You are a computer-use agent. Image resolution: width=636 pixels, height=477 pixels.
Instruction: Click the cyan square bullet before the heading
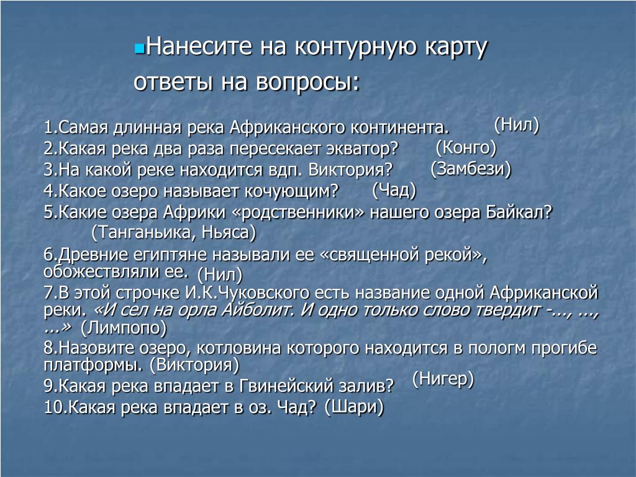[x=139, y=49]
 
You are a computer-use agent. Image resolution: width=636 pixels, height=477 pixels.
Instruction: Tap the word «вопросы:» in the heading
[x=308, y=83]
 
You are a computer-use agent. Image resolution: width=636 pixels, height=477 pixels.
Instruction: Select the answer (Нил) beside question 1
[x=517, y=124]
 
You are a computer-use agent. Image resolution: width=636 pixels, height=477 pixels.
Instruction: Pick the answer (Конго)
[x=466, y=147]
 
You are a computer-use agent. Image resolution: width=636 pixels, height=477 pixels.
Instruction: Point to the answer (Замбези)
[x=471, y=168]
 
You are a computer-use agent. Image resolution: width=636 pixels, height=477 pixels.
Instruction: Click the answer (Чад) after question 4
[x=394, y=190]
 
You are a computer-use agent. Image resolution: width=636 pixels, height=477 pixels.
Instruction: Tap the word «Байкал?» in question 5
[x=520, y=212]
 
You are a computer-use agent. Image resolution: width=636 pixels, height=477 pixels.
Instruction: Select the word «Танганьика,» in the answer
[x=143, y=232]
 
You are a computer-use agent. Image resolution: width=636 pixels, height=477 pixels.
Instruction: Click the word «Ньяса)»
[x=229, y=232]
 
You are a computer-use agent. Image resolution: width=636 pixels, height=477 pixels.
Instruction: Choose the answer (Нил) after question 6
[x=220, y=275]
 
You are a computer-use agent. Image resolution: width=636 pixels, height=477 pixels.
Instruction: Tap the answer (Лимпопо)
[x=124, y=328]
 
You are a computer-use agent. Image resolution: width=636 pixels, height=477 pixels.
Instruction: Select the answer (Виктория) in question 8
[x=194, y=365]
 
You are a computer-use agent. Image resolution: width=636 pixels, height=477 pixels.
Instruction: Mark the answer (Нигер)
[x=443, y=379]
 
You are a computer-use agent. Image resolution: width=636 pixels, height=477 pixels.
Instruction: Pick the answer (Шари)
[x=354, y=407]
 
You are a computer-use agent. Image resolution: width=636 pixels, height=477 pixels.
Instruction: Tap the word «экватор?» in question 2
[x=362, y=148]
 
